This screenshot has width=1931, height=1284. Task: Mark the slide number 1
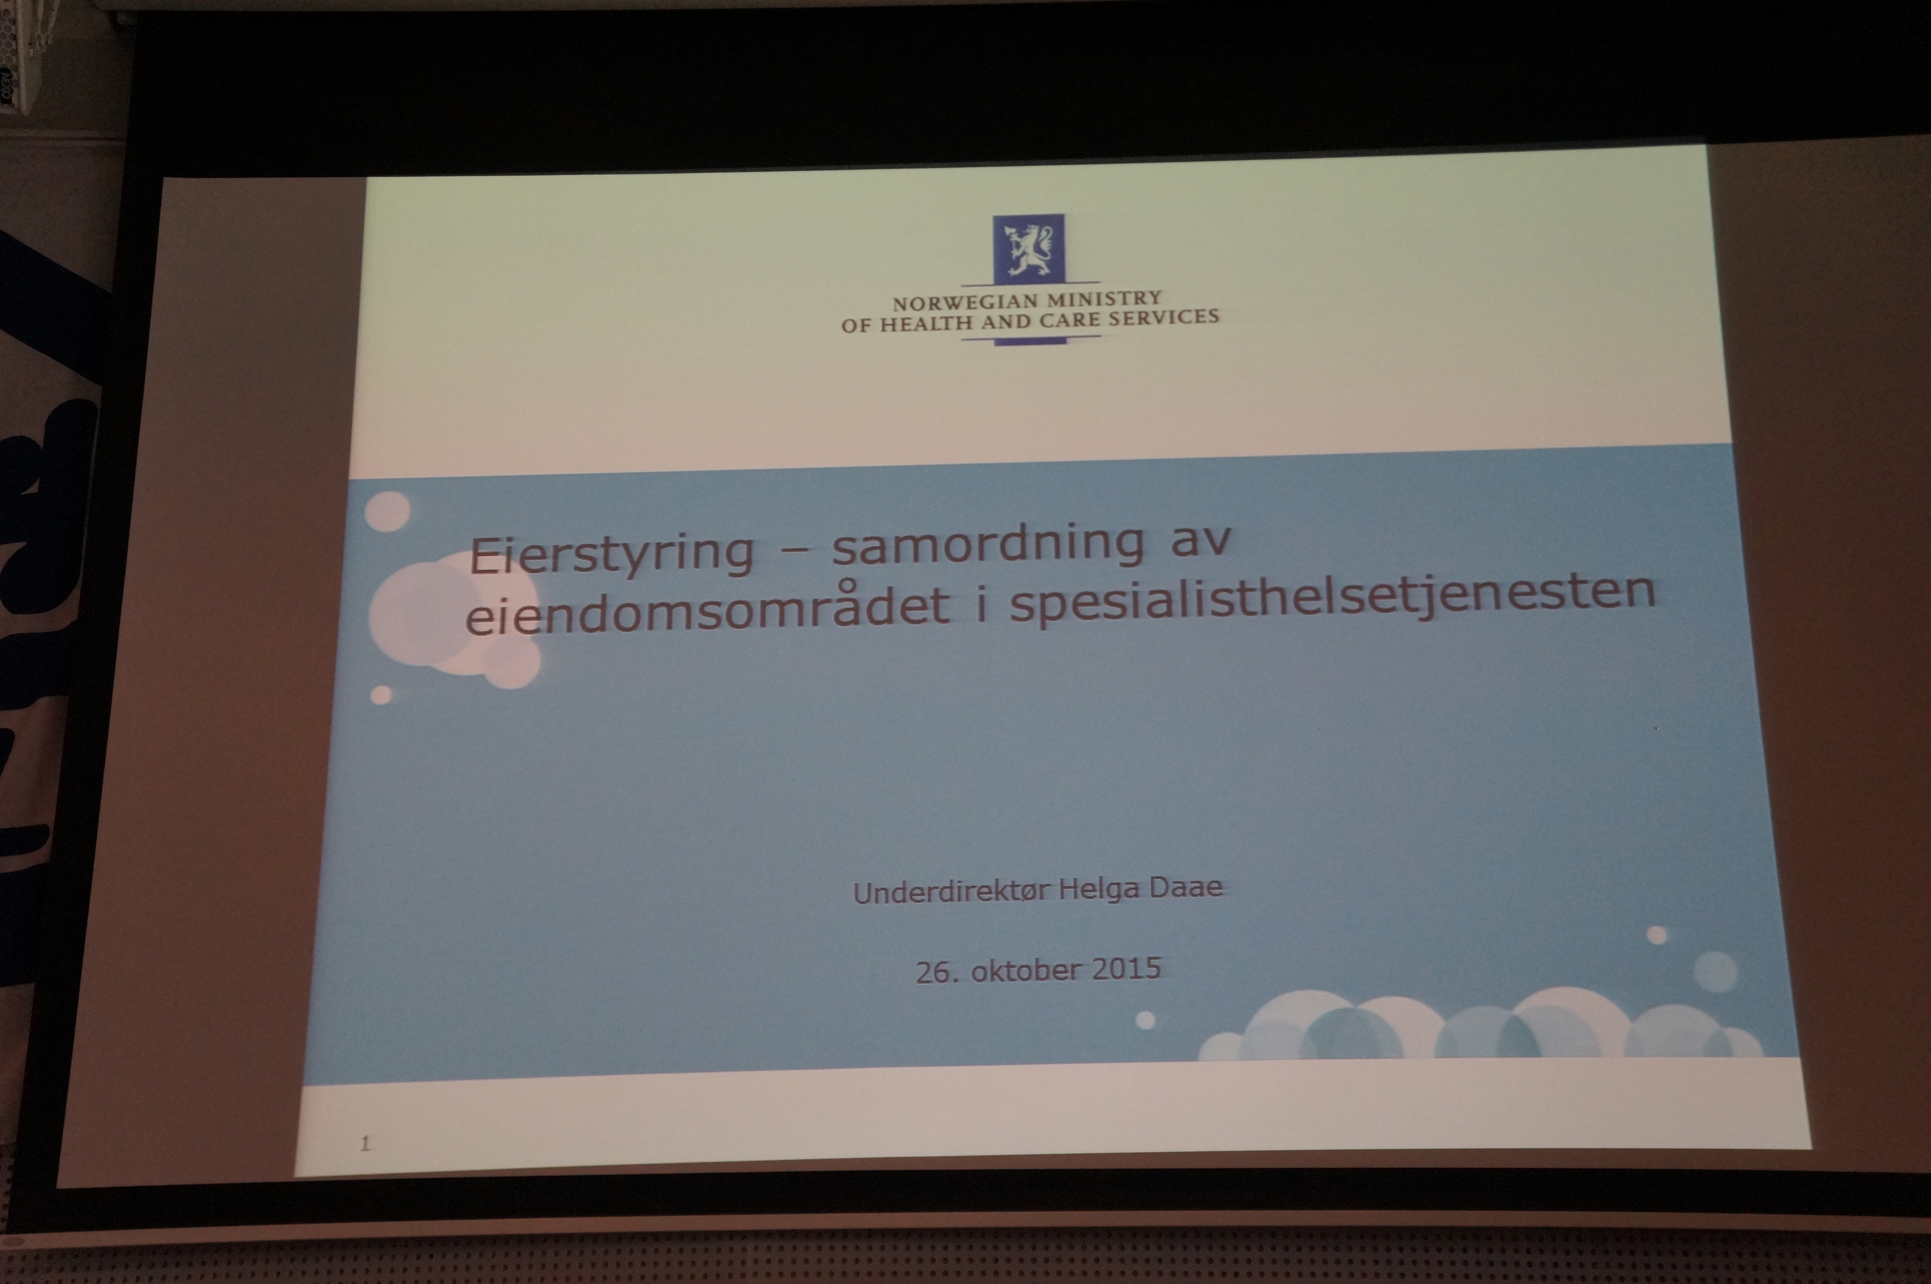[x=366, y=1143]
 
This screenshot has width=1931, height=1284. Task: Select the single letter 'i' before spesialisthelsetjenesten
[x=980, y=602]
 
